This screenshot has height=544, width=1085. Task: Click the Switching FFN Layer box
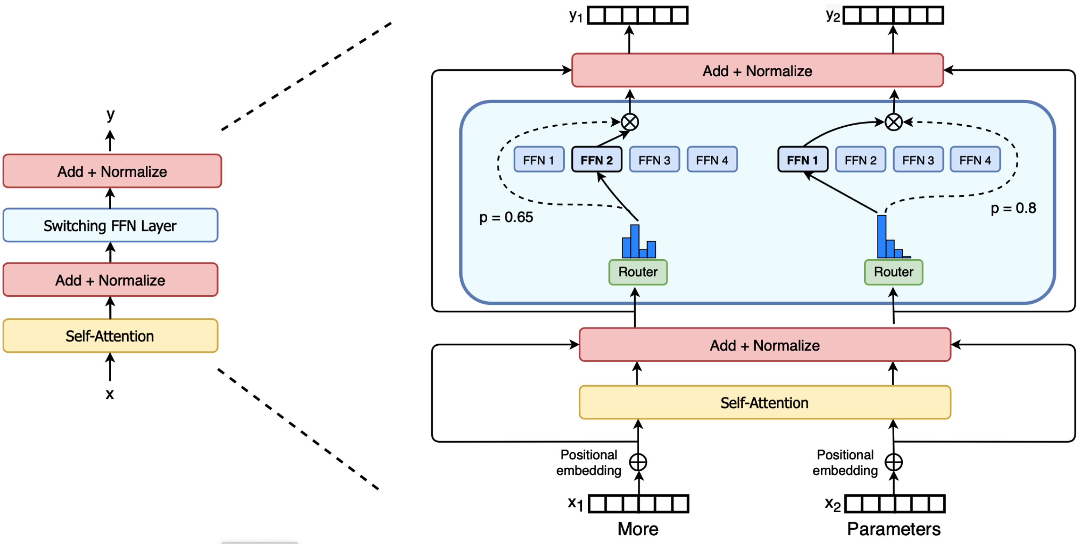110,225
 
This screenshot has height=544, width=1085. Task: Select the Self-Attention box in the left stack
110,336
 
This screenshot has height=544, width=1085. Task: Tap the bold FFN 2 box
597,160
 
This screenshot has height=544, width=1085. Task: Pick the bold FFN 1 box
802,160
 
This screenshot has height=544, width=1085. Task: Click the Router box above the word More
638,272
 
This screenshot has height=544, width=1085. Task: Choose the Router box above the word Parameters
893,272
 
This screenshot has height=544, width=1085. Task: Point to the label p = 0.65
506,217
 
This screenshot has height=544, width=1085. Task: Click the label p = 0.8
1013,208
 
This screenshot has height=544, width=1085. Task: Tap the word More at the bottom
638,529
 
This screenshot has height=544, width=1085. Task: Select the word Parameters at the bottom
893,529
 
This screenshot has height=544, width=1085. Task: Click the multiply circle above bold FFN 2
630,122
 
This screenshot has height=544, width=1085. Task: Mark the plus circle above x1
638,462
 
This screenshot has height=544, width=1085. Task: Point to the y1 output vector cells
638,16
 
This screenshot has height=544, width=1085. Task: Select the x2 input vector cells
895,504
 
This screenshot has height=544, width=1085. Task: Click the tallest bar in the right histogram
882,236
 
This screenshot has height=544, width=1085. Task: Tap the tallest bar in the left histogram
635,241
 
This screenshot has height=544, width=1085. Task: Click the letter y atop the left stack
110,115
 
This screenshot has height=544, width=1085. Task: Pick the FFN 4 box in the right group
975,160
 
